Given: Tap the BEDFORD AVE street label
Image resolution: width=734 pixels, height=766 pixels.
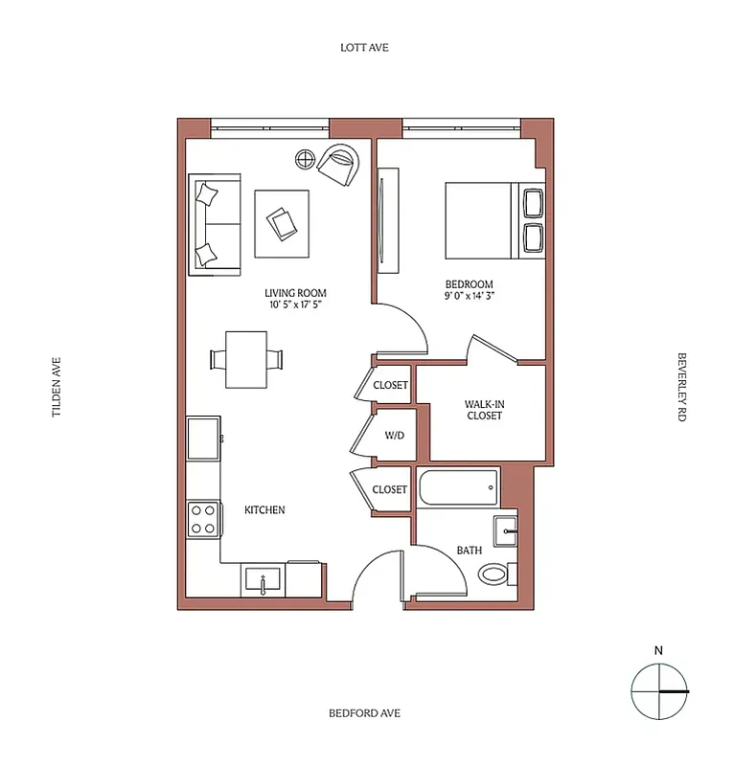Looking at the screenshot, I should click(364, 713).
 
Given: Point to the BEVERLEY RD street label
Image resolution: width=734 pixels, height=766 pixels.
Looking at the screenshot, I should click(682, 387).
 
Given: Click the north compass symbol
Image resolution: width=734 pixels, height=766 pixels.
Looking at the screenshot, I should click(659, 690).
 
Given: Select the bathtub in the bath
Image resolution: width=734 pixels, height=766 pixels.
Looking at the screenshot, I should click(458, 488).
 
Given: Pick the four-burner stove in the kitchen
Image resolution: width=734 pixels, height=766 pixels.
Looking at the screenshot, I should click(203, 519).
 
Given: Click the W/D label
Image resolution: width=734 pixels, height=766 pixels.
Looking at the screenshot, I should click(395, 436).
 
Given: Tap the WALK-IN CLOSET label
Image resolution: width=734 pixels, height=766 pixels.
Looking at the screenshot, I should click(484, 410).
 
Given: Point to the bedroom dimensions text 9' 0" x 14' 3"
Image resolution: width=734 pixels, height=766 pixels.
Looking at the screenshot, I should click(469, 297).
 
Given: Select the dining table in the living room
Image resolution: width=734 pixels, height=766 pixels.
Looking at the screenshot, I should click(246, 359).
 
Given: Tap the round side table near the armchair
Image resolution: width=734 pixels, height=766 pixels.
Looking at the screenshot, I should click(305, 159).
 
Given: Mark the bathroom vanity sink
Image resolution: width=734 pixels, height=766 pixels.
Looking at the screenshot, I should click(505, 529).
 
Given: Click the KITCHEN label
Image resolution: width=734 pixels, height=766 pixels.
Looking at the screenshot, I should click(264, 510).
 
